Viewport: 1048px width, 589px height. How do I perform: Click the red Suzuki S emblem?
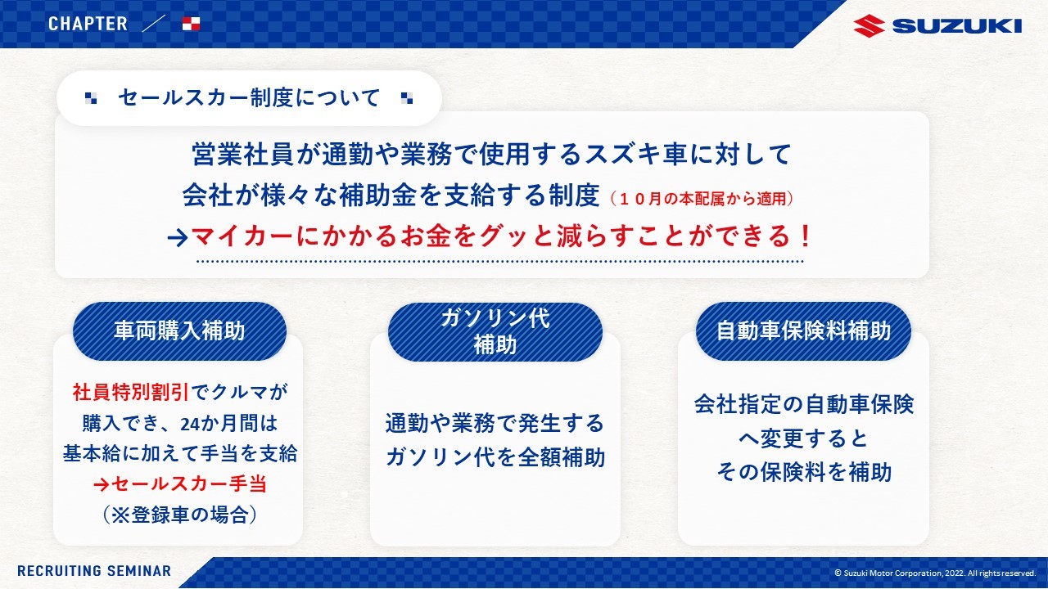click(869, 25)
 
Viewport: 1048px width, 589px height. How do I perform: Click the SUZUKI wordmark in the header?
click(957, 26)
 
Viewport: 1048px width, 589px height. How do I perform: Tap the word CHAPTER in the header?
click(88, 24)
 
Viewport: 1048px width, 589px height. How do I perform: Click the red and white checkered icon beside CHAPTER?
click(191, 24)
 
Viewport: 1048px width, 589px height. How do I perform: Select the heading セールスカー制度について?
click(249, 97)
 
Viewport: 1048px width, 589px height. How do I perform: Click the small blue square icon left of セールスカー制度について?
click(91, 98)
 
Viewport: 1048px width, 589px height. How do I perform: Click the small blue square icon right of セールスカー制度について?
click(407, 98)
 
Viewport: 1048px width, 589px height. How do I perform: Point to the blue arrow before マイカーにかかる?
click(178, 238)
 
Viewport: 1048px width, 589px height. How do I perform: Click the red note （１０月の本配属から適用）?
click(702, 199)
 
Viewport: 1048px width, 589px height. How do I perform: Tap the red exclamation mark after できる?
click(805, 236)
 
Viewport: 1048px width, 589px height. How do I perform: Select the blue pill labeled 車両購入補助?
click(179, 331)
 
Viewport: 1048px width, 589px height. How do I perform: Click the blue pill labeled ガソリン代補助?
click(495, 332)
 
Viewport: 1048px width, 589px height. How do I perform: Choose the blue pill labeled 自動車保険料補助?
click(803, 331)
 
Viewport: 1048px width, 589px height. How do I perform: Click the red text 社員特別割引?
click(131, 392)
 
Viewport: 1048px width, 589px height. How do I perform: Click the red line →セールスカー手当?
click(180, 483)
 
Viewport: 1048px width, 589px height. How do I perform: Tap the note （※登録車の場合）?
click(180, 515)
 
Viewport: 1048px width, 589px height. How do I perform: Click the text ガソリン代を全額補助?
click(495, 456)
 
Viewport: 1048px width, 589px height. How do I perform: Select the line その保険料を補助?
click(804, 472)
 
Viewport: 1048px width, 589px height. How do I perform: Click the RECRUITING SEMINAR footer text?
click(94, 571)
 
